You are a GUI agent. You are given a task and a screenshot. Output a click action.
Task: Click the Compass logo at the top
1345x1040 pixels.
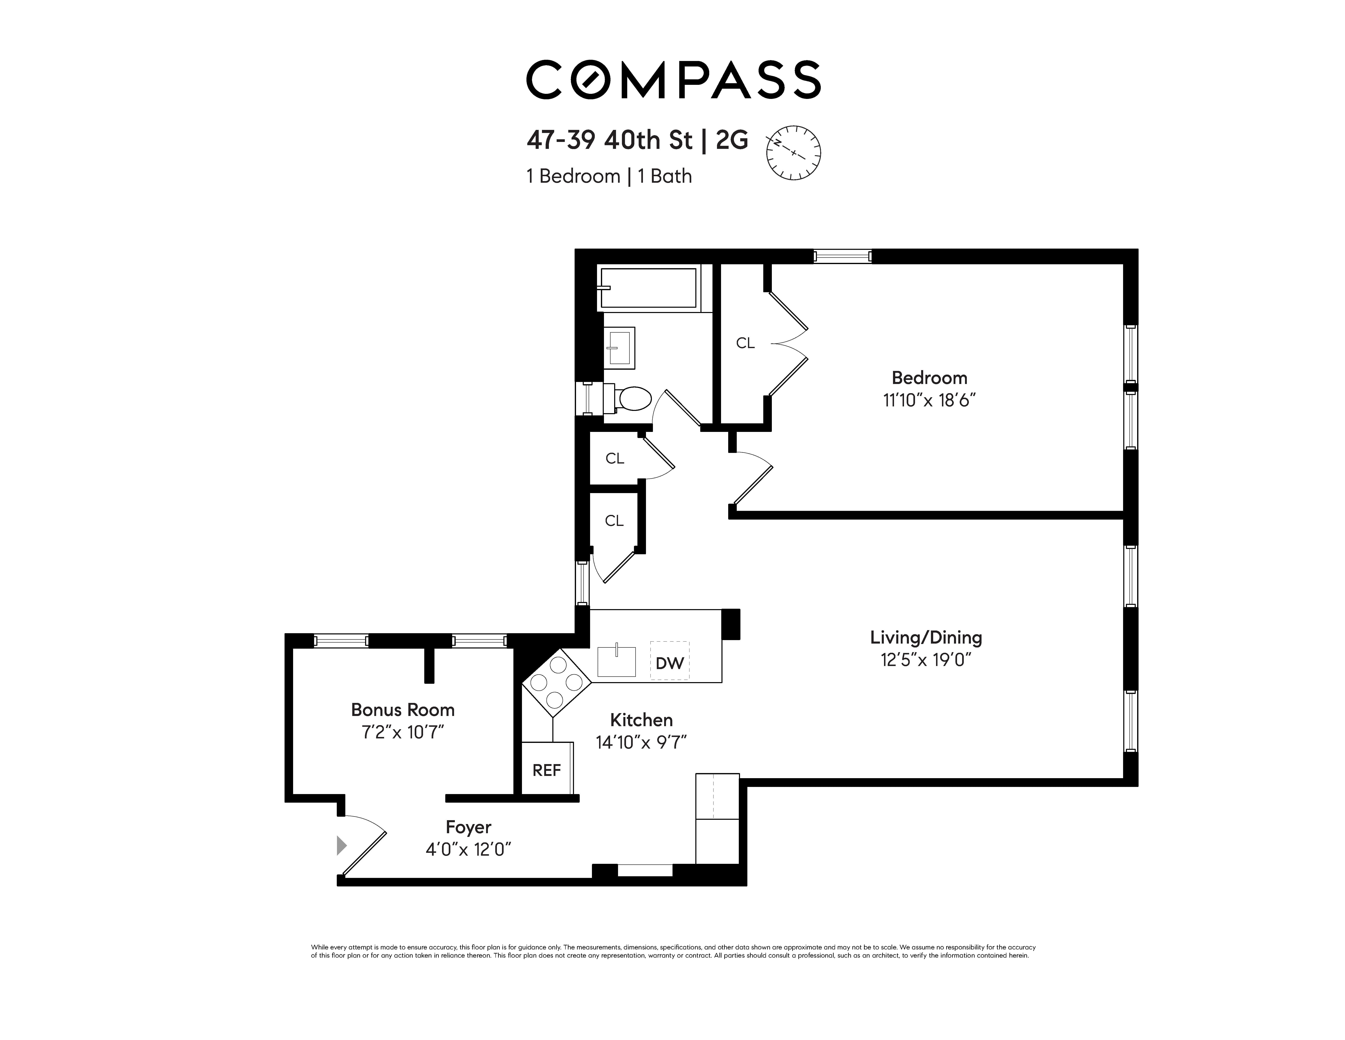tap(673, 80)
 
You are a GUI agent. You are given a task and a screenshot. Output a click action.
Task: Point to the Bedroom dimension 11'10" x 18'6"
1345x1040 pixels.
tap(929, 400)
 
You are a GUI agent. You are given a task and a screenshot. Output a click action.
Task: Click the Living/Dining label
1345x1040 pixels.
tap(926, 637)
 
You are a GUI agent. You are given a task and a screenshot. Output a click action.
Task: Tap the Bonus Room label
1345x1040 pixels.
tap(403, 710)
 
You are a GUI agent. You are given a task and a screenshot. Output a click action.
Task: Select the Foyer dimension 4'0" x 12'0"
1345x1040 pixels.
tap(469, 850)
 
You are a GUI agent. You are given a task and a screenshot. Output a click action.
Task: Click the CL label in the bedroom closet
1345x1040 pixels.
tap(745, 343)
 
